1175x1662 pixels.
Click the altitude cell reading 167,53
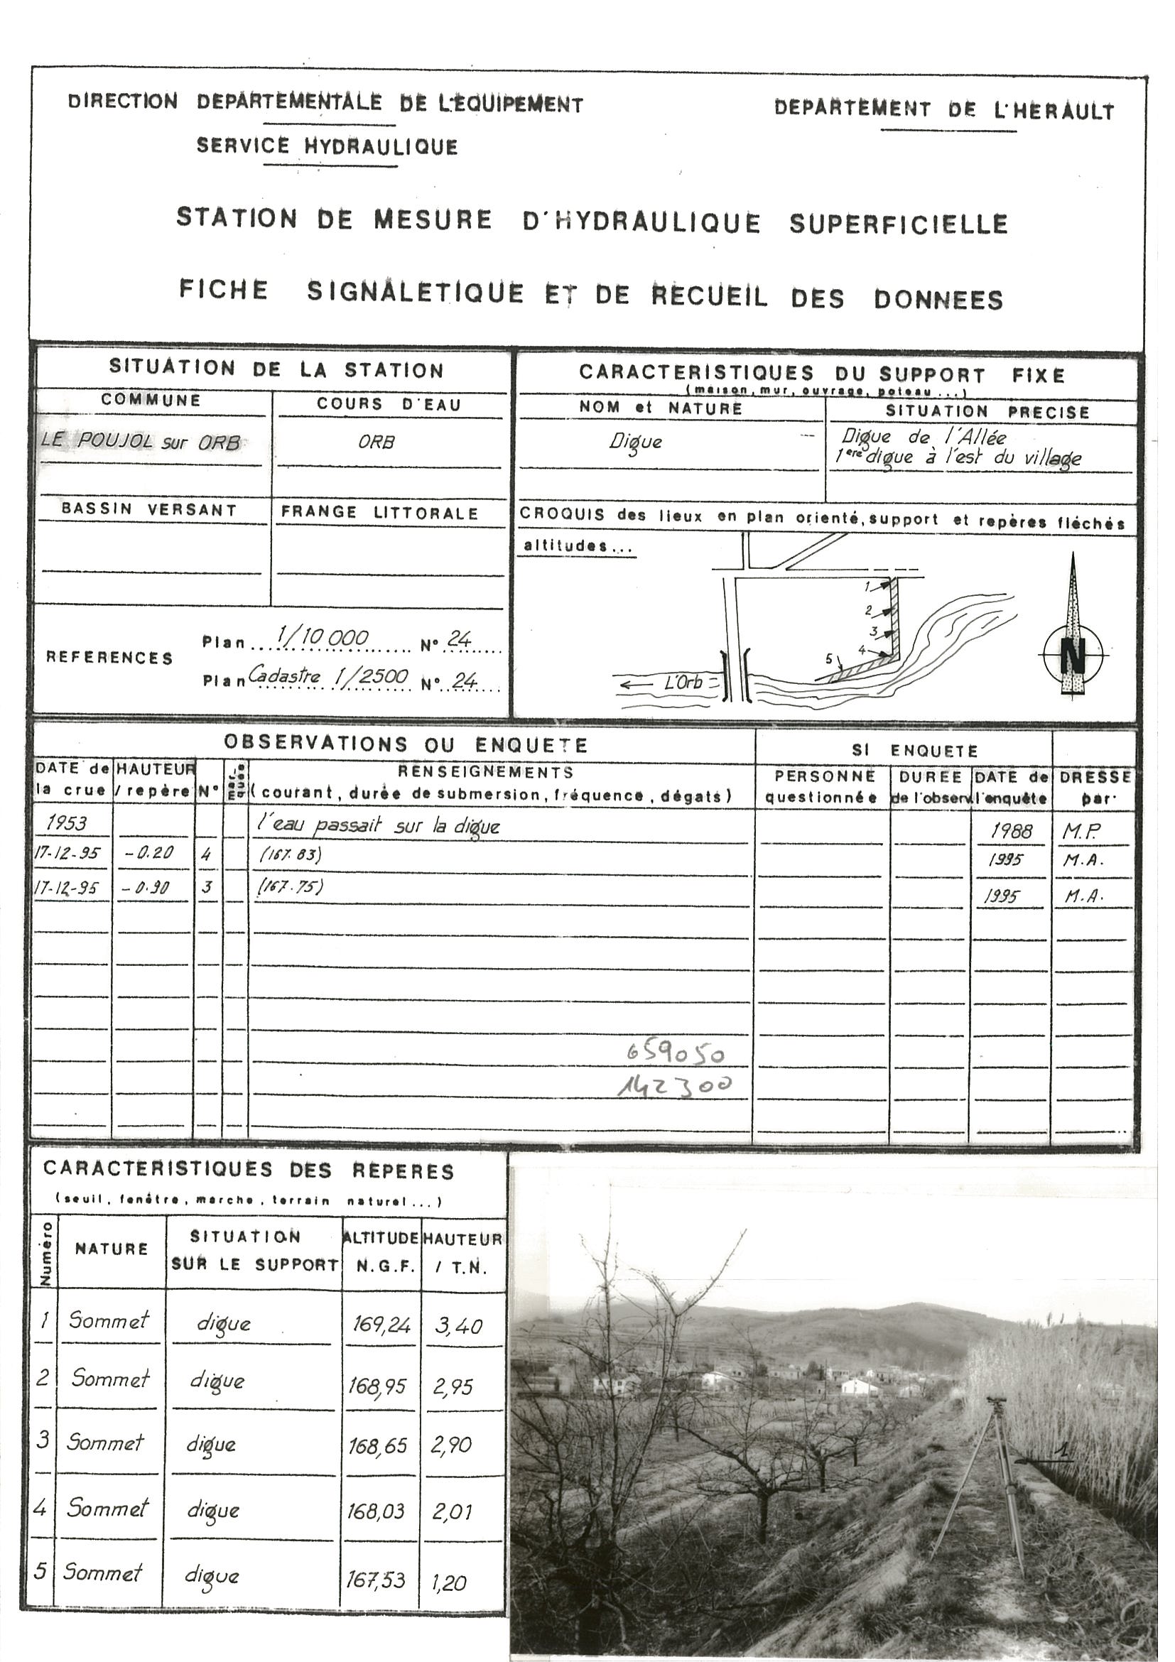click(x=375, y=1580)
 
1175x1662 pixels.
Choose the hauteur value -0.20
click(x=149, y=854)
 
